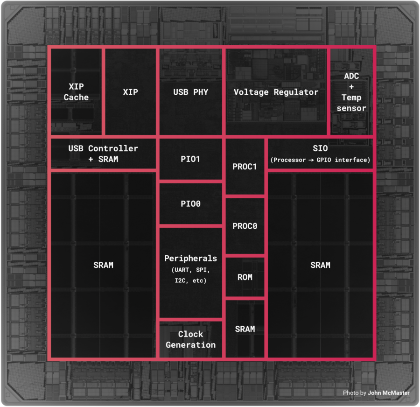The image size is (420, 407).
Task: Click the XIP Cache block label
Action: (x=76, y=92)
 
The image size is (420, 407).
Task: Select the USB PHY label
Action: (x=190, y=92)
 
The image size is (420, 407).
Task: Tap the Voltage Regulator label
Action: (x=276, y=92)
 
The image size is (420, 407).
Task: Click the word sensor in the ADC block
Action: (x=351, y=108)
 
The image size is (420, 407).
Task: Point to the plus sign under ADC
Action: (x=351, y=87)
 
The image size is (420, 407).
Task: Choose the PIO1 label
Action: (x=190, y=159)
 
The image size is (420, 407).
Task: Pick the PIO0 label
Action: (x=190, y=204)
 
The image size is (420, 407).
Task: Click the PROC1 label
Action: (x=245, y=167)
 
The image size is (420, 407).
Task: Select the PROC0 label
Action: (x=245, y=226)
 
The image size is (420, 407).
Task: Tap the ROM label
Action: (x=245, y=277)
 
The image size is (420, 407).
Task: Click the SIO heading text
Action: (x=320, y=148)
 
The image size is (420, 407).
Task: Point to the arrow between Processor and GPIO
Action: (x=311, y=160)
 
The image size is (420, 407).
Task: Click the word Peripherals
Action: (x=190, y=258)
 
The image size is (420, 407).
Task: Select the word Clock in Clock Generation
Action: (x=190, y=334)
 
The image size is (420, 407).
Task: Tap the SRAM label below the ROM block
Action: (x=245, y=329)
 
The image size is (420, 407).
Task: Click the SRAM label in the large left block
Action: (x=103, y=265)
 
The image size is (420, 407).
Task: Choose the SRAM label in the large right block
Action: (x=320, y=265)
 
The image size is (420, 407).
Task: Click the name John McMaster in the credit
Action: (x=389, y=393)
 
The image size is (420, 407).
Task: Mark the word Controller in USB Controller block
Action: (x=113, y=148)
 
